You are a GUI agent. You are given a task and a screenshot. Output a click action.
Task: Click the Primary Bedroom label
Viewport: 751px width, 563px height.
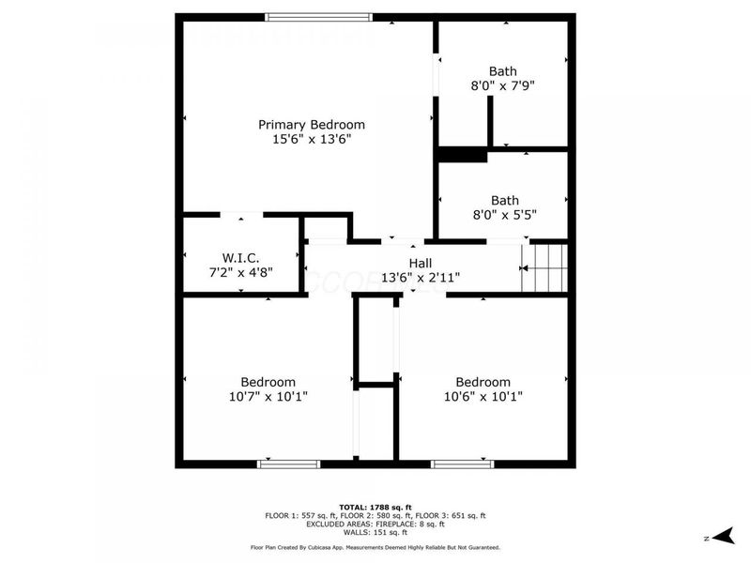tap(312, 125)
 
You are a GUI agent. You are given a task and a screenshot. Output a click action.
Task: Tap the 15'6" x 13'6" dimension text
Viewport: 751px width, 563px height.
tap(312, 140)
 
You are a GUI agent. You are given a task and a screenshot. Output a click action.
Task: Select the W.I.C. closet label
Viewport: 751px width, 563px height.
tap(240, 257)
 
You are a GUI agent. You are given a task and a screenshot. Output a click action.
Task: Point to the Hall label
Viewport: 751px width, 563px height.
tap(421, 263)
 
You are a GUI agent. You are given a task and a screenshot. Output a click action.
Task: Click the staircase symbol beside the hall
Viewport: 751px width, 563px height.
tap(546, 267)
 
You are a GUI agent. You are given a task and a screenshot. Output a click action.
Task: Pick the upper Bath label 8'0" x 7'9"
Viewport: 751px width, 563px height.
tap(503, 71)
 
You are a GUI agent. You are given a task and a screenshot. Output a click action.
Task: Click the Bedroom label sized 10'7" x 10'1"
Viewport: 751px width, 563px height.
tap(268, 382)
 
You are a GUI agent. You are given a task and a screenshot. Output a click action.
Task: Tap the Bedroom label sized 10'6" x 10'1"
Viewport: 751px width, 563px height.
tap(483, 382)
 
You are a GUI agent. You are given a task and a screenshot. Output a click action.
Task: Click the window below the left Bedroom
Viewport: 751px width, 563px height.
tap(288, 464)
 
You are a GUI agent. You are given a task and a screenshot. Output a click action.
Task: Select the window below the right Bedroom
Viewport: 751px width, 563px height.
tap(462, 464)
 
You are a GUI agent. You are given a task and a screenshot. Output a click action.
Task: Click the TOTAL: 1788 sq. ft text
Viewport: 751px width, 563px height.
tap(375, 507)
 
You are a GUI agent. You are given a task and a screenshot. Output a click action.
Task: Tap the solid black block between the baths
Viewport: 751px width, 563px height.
tap(462, 155)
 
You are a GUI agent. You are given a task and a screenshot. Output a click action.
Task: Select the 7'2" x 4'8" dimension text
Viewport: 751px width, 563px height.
tap(240, 271)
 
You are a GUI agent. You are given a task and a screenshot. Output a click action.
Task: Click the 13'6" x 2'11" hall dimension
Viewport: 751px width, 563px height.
tap(421, 277)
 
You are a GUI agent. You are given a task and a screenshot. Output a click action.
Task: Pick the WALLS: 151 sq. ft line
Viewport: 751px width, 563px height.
tap(375, 532)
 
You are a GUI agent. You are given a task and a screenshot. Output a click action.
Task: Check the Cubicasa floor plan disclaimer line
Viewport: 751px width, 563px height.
tap(375, 547)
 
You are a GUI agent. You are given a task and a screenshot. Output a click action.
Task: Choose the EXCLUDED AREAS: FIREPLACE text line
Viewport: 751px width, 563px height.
tap(375, 524)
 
